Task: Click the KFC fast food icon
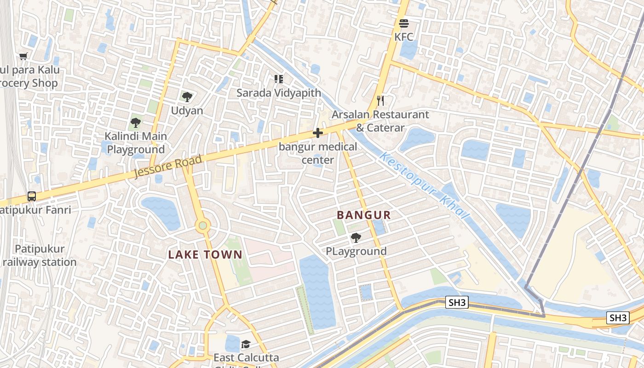tap(404, 23)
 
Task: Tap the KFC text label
tap(404, 37)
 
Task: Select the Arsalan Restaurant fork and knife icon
tap(380, 101)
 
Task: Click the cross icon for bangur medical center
tap(317, 133)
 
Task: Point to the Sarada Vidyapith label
tap(279, 92)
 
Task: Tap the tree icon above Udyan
tap(187, 97)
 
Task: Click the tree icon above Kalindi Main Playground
tap(135, 122)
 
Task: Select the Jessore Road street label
tap(168, 167)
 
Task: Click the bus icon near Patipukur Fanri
tap(32, 196)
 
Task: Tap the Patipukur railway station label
tap(40, 255)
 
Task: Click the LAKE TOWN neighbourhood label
tap(205, 254)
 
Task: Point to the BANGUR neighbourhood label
tap(364, 215)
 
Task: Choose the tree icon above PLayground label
tap(356, 237)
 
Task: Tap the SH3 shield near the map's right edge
tap(617, 317)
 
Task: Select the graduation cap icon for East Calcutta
tap(246, 344)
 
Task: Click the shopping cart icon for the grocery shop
tap(23, 56)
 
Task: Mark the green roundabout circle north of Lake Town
tap(202, 225)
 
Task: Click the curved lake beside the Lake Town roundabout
tap(161, 212)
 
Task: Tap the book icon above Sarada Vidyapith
tap(278, 79)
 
